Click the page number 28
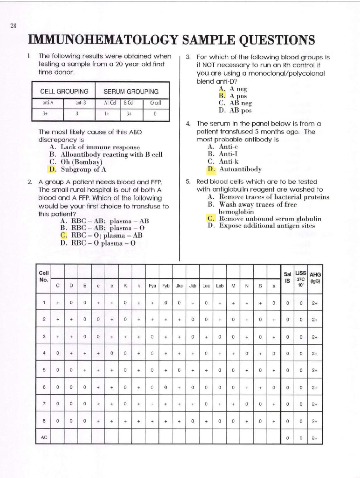point(13,26)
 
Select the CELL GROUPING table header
point(64,91)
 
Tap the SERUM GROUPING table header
point(131,91)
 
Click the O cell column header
point(155,103)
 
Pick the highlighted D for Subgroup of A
point(52,169)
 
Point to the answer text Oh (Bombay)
point(81,162)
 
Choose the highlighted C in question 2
point(63,235)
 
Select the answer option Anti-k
point(228,162)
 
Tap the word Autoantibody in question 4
point(240,169)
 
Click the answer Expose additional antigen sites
point(267,226)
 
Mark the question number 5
point(188,182)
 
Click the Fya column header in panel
point(152,286)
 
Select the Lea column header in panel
point(206,286)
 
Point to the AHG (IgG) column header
point(315,278)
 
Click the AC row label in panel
point(44,438)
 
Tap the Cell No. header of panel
point(43,276)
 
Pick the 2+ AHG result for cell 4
point(314,354)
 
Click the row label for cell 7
point(44,404)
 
